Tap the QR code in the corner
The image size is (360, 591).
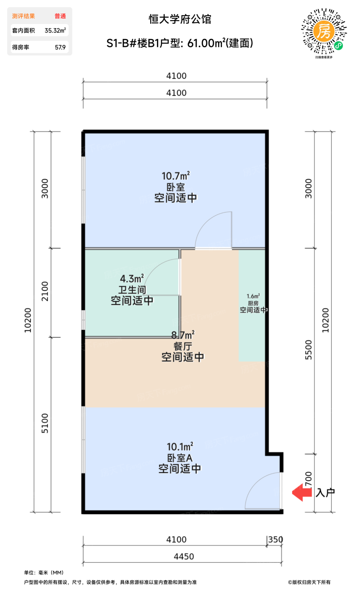[x=324, y=32]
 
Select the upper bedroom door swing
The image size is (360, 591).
[x=214, y=230]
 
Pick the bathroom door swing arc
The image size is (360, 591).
[x=162, y=277]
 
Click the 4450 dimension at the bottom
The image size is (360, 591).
[x=183, y=556]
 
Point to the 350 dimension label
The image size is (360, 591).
[x=275, y=539]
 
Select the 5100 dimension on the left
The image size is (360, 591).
[x=45, y=424]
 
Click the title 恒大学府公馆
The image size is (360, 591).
[x=180, y=19]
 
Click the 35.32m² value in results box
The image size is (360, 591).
[x=55, y=30]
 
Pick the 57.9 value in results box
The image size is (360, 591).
[x=60, y=47]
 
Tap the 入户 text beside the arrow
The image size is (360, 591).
[x=325, y=493]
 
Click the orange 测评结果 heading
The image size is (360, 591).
[x=24, y=16]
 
